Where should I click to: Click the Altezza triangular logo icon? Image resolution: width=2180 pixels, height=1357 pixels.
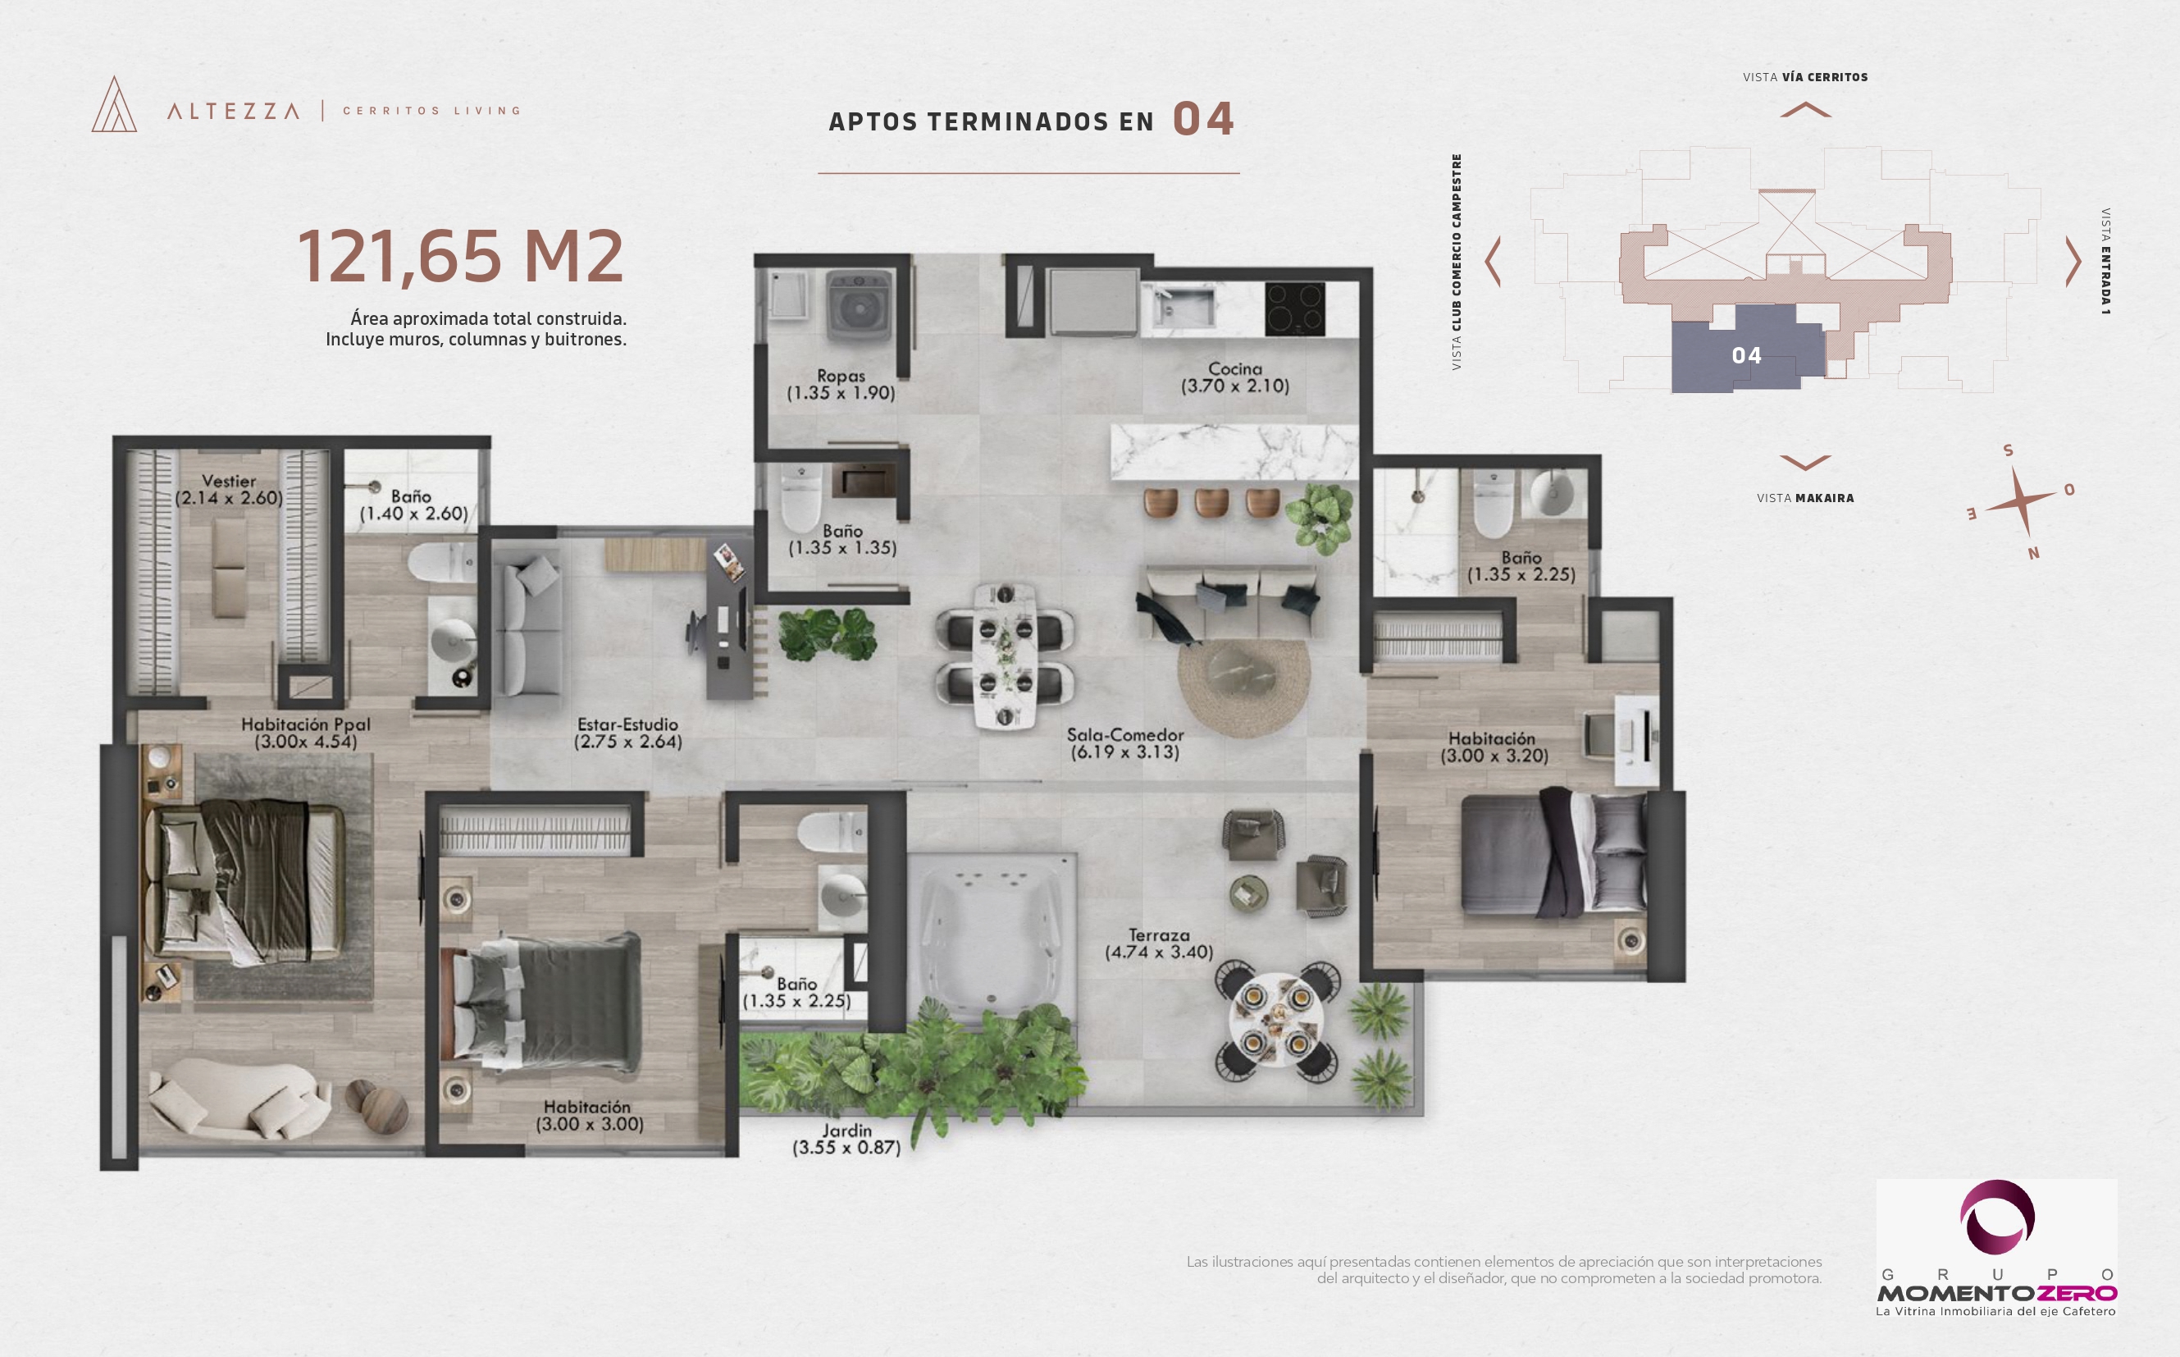[x=115, y=104]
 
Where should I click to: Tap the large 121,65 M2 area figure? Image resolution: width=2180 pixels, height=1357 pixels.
[x=460, y=257]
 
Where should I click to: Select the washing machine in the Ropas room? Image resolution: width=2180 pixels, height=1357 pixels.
[x=859, y=306]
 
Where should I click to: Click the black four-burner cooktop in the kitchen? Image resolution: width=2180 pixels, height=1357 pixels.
[x=1294, y=308]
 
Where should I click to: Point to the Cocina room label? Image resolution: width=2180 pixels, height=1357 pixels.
[x=1234, y=369]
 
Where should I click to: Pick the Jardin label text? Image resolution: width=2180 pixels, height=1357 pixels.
[x=847, y=1130]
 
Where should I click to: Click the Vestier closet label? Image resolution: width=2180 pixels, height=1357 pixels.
[x=229, y=481]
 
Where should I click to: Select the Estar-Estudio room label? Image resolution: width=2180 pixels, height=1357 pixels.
[x=627, y=724]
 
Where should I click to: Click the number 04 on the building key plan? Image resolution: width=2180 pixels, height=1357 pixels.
[x=1746, y=356]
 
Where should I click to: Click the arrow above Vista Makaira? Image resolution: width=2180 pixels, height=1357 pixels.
[x=1805, y=463]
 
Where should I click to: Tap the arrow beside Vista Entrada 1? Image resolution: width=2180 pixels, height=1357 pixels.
[x=2073, y=262]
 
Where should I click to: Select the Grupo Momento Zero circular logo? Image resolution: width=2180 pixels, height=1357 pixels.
[x=1997, y=1218]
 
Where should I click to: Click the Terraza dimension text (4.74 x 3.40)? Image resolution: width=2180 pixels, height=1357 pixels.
[x=1159, y=953]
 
